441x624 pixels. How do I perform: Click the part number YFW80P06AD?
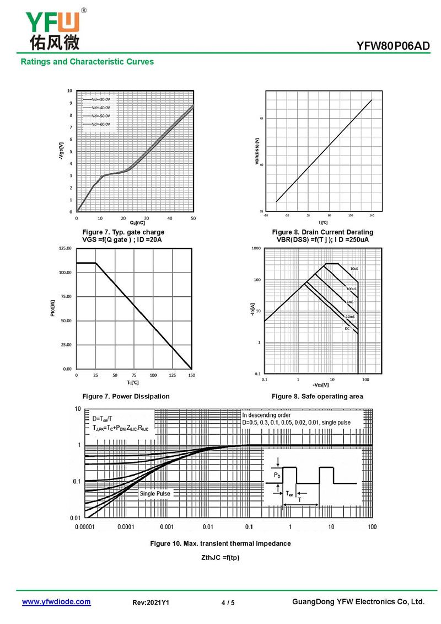point(392,46)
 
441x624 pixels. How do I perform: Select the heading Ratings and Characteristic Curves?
point(87,62)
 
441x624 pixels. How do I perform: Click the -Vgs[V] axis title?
point(61,151)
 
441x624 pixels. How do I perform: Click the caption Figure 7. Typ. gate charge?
point(123,232)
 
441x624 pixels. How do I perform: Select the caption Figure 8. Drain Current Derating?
point(322,232)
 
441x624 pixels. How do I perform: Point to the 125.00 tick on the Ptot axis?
point(64,249)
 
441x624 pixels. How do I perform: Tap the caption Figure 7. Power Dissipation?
point(126,396)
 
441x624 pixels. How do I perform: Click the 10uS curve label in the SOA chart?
point(354,269)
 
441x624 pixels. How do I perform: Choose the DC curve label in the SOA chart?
point(347,329)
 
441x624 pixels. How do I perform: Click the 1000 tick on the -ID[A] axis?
point(256,249)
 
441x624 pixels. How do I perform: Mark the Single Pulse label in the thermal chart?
point(155,494)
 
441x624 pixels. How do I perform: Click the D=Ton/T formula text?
point(105,419)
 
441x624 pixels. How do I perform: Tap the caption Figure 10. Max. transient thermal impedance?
point(220,543)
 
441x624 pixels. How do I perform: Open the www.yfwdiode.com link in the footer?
point(56,602)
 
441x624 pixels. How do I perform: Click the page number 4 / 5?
point(228,603)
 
